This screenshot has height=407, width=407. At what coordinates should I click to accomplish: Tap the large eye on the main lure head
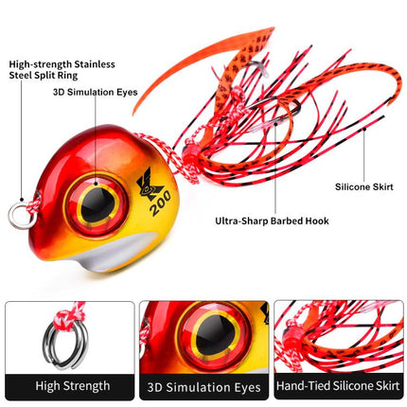96,205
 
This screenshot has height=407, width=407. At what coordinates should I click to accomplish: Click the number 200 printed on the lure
160,203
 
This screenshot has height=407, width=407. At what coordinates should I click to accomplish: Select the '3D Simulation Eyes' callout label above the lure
96,92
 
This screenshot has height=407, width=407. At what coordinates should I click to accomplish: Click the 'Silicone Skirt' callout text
364,186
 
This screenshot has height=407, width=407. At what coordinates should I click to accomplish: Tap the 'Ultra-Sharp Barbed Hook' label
272,221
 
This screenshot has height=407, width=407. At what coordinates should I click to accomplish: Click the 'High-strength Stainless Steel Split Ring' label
62,70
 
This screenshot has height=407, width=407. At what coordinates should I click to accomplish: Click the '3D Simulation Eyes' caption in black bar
204,387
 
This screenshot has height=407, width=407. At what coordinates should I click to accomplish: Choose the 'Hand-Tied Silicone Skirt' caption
339,386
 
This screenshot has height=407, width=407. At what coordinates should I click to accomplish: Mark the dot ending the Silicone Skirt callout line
364,129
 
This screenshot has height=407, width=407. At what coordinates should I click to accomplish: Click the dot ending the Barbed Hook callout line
275,124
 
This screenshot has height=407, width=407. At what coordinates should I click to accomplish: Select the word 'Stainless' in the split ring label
95,64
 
